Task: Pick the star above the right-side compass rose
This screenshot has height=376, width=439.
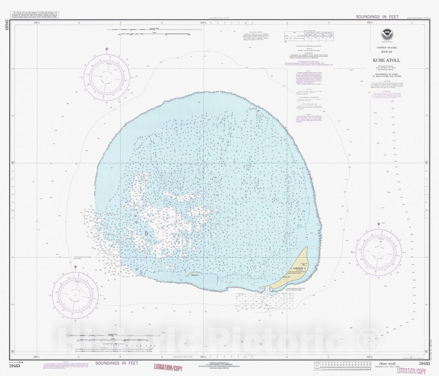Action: click(379, 224)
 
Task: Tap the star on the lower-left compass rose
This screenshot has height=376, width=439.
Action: click(76, 267)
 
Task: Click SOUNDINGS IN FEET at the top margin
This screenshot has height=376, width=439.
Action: click(377, 17)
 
